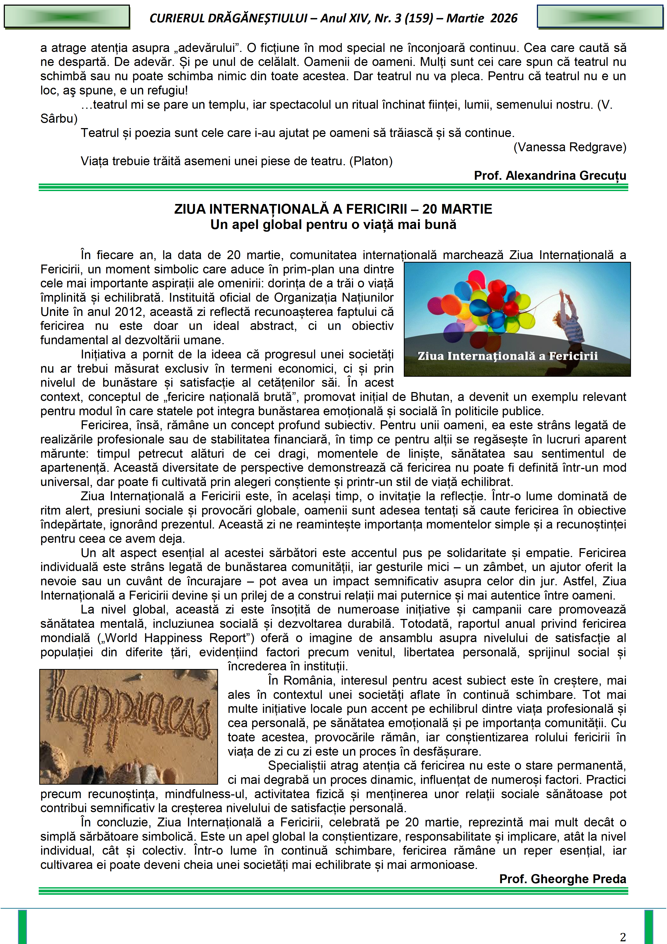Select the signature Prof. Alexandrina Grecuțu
click(550, 175)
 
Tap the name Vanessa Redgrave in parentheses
click(570, 147)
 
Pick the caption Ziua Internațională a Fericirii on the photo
click(508, 356)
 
